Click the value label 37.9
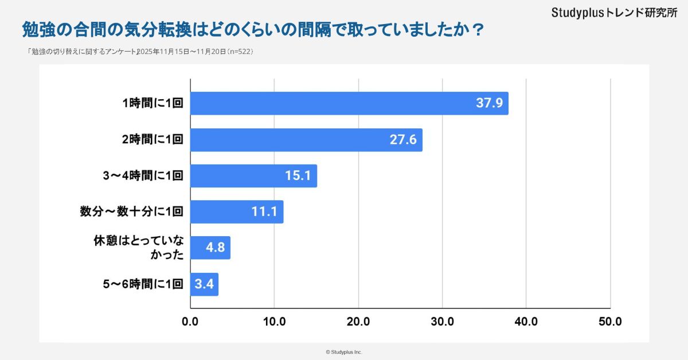pos(489,103)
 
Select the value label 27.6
pos(403,140)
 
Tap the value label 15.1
pos(298,176)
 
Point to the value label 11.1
pos(264,212)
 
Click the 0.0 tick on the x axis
pos(190,322)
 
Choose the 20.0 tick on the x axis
pos(358,322)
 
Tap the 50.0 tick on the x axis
pos(610,322)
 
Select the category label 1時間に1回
pos(153,104)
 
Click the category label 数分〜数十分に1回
pos(131,212)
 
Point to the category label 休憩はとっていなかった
pos(138,248)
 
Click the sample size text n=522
pos(240,52)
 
